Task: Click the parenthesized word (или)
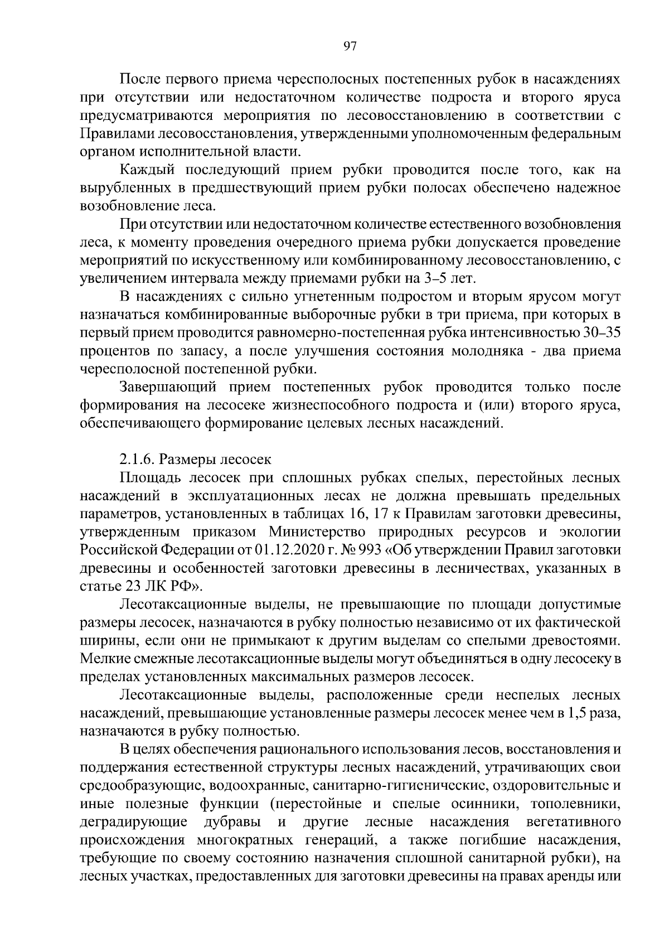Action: point(493,405)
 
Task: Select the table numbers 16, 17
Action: point(362,514)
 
